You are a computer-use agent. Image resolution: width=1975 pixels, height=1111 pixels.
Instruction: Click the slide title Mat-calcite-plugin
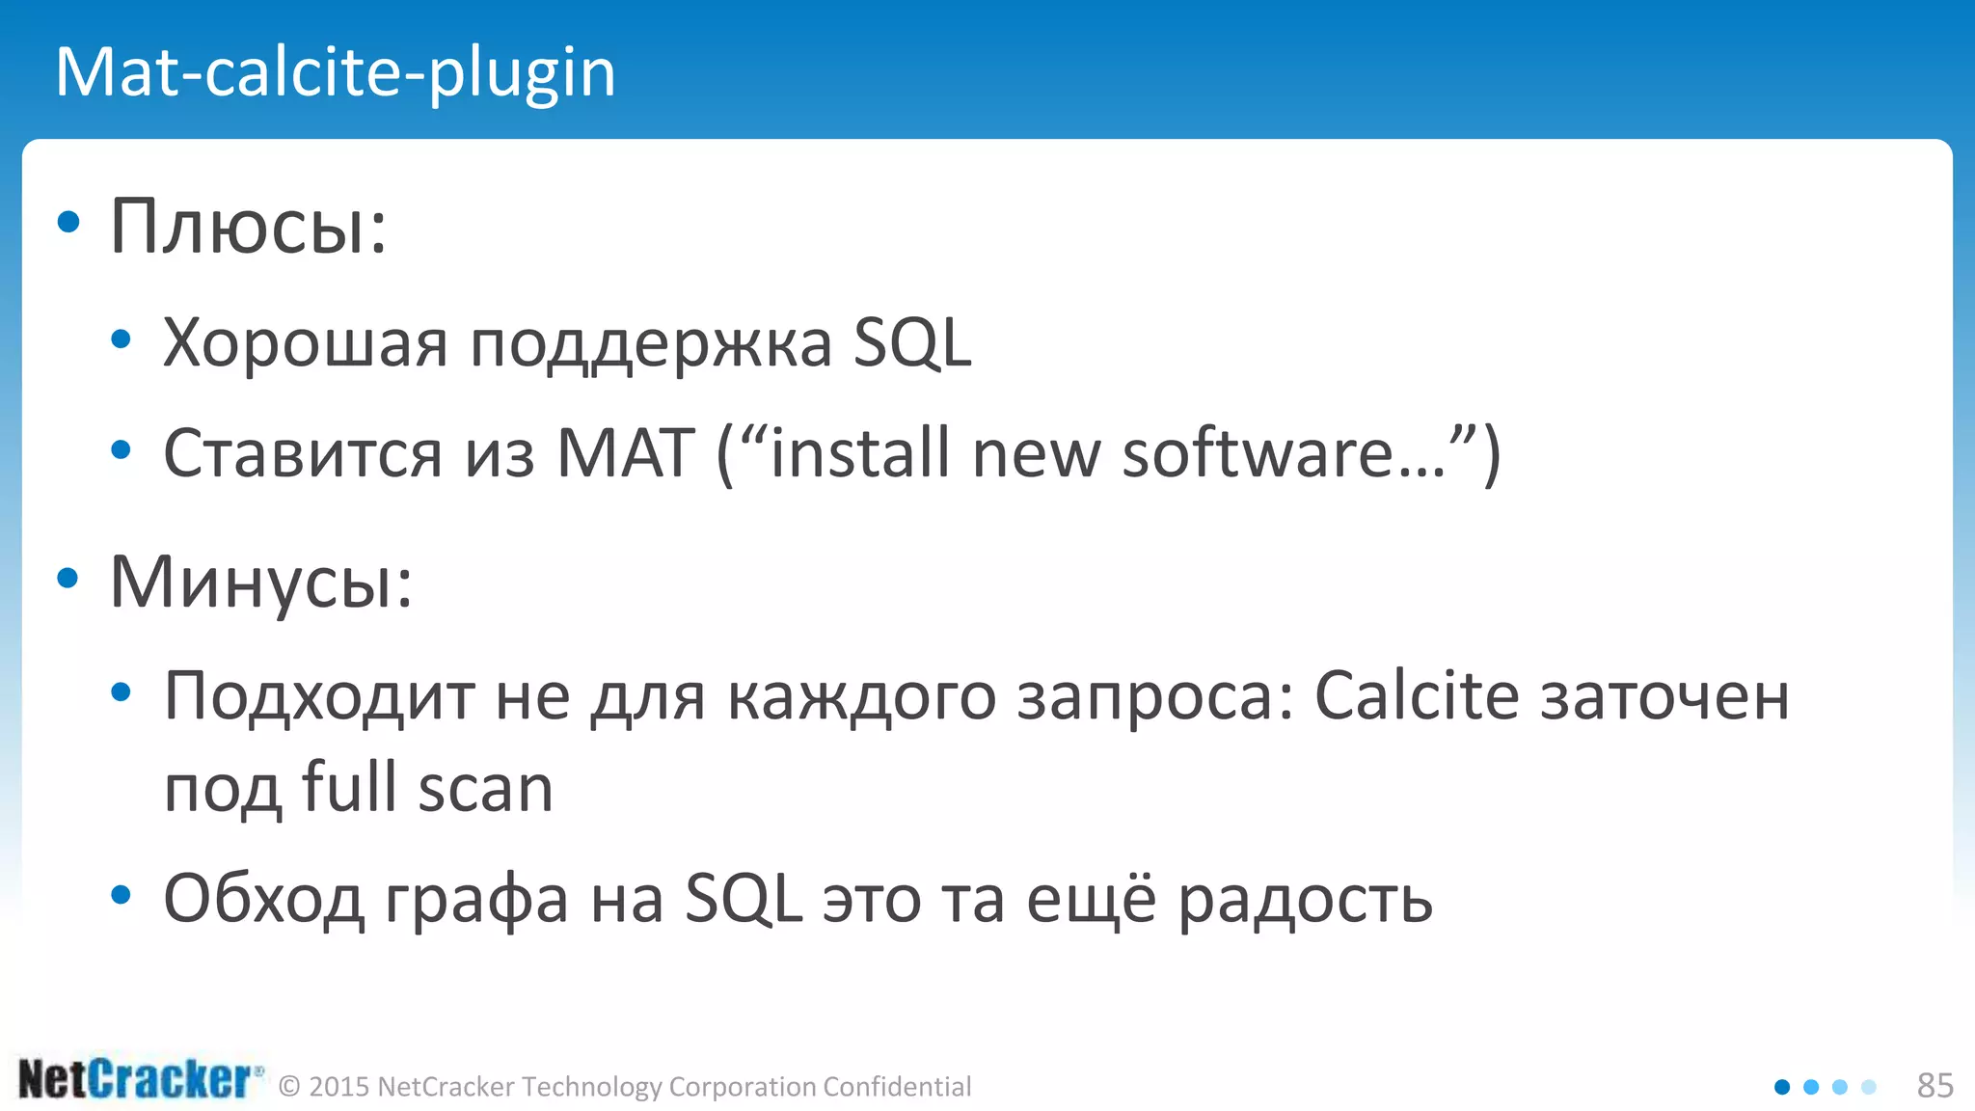tap(335, 72)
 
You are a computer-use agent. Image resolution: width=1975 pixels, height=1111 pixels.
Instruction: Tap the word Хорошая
tap(305, 343)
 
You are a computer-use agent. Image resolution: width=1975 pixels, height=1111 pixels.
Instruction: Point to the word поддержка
tap(651, 345)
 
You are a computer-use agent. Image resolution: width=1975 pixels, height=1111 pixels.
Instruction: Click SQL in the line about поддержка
tap(912, 343)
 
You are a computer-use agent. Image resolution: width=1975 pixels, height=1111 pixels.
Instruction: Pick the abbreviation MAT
tap(626, 453)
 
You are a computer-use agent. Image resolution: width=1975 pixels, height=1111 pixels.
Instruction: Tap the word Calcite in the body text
tap(1417, 695)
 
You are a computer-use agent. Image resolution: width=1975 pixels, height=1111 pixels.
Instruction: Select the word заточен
tap(1664, 696)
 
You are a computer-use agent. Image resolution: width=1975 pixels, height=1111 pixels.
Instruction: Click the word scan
tap(486, 789)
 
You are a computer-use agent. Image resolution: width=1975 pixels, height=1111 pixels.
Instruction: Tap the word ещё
tap(1090, 899)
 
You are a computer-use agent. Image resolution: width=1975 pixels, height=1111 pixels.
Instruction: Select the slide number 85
tap(1934, 1086)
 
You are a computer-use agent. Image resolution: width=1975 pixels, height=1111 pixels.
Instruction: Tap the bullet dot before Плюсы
tap(68, 223)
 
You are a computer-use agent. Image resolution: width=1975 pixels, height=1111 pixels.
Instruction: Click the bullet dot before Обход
tap(121, 895)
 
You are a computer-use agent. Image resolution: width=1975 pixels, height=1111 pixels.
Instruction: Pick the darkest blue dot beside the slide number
tap(1782, 1087)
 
